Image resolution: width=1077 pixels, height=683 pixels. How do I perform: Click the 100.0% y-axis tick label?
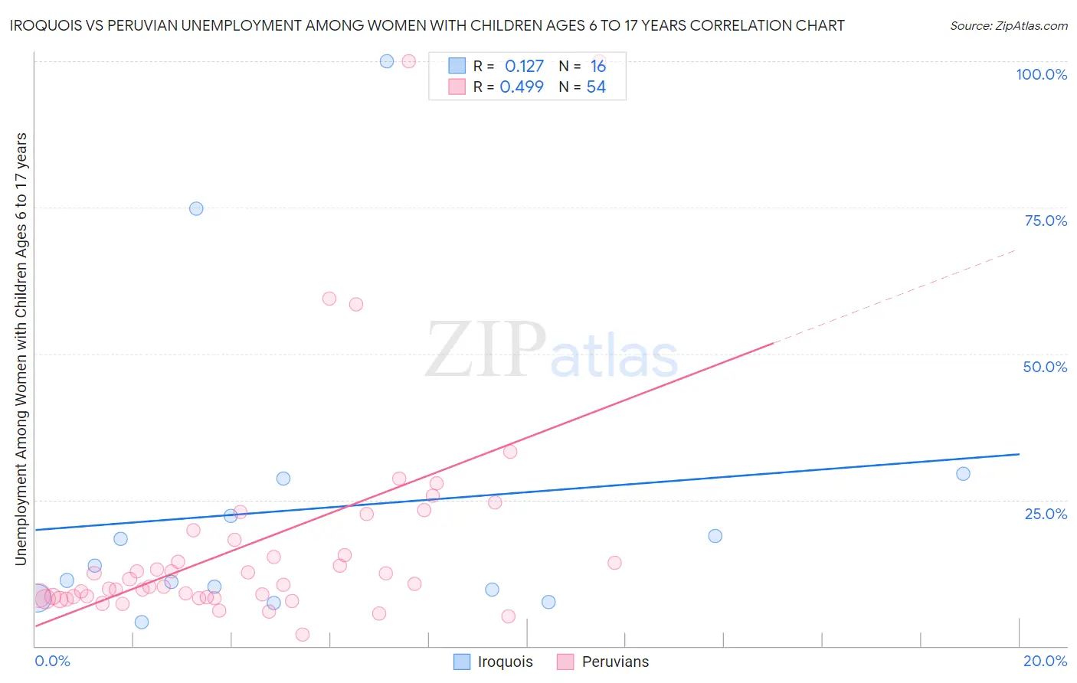coord(1041,74)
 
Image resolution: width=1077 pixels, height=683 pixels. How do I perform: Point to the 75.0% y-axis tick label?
coord(1046,221)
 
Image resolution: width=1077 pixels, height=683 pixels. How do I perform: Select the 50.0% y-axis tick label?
coord(1045,367)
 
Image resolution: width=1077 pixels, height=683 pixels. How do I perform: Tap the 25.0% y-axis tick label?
coord(1046,514)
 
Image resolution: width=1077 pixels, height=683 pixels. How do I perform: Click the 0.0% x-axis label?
coord(52,661)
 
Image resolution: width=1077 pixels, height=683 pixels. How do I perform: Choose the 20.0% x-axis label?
coord(1045,661)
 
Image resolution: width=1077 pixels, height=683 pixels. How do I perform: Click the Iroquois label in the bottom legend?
coord(505,662)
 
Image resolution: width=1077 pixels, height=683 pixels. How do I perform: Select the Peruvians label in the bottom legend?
coord(615,662)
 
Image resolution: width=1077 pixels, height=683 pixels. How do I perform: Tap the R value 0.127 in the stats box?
coord(524,67)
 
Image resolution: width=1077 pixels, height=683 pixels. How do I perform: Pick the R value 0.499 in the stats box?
coord(522,87)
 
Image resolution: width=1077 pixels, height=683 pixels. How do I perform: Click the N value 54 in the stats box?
coord(596,87)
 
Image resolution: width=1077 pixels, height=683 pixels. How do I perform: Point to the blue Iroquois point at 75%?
coord(196,208)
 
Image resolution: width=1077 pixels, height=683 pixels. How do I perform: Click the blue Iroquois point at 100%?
coord(387,61)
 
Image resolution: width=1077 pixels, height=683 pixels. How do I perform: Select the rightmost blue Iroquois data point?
coord(963,474)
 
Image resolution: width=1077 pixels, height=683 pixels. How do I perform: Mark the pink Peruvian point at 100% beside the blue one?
coord(409,61)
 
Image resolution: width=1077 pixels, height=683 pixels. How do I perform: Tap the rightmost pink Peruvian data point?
coord(614,563)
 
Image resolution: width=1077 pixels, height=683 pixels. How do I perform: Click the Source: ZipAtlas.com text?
coord(1008,26)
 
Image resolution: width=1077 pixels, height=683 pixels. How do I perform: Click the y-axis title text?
coord(21,349)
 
